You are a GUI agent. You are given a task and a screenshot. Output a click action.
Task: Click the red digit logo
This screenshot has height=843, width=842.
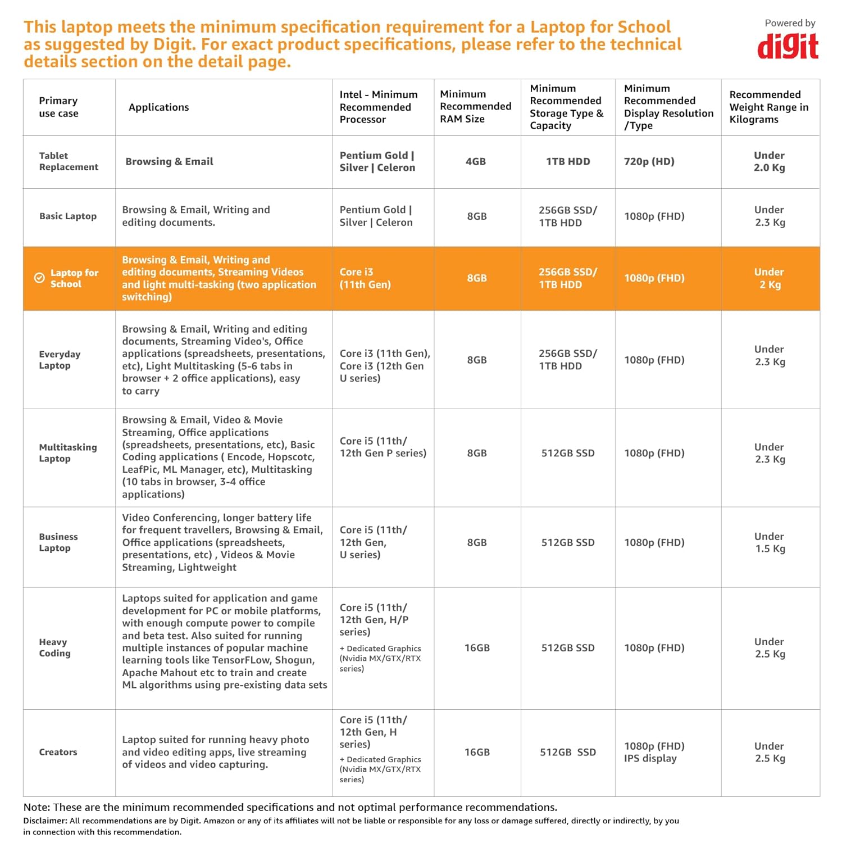tap(788, 47)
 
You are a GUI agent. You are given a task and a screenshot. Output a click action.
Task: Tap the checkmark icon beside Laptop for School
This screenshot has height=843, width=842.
tap(39, 278)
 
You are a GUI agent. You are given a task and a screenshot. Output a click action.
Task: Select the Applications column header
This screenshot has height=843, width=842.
tap(158, 107)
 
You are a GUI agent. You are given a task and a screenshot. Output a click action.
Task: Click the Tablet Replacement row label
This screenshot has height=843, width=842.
tap(68, 161)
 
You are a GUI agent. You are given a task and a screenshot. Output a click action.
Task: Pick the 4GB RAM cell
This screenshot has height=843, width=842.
tap(475, 162)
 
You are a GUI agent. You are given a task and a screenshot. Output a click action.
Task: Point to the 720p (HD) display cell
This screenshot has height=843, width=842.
tap(649, 162)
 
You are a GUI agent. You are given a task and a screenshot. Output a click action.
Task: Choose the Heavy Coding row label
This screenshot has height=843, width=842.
tap(54, 647)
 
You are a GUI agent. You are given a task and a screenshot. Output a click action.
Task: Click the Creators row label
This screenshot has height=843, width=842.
tap(58, 752)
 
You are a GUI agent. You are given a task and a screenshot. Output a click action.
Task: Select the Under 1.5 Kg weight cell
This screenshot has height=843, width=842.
tap(770, 542)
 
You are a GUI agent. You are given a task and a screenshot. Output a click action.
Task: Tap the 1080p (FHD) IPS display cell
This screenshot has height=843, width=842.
tap(654, 752)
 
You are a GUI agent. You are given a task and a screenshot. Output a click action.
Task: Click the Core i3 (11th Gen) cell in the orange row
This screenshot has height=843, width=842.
tap(365, 278)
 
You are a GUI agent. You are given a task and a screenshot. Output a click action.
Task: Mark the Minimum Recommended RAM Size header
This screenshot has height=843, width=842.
tap(475, 106)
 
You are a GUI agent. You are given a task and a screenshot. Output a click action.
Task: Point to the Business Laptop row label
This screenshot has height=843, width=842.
tap(58, 542)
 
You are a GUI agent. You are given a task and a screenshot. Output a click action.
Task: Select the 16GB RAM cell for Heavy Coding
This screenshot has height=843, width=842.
tap(477, 648)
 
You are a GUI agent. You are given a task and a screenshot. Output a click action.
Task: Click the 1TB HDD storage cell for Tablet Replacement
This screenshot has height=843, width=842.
tap(568, 162)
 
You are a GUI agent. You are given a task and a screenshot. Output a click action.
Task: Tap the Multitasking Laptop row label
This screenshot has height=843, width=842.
tap(67, 453)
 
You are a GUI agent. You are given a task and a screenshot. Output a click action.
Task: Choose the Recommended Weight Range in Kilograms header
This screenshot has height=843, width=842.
tap(768, 107)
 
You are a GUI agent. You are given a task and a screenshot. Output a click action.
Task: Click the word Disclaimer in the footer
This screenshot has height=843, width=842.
tap(45, 821)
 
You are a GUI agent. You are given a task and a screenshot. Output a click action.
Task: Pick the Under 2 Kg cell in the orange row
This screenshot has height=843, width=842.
tap(770, 278)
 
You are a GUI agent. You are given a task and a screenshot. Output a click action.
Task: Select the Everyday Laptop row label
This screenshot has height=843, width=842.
tap(59, 360)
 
